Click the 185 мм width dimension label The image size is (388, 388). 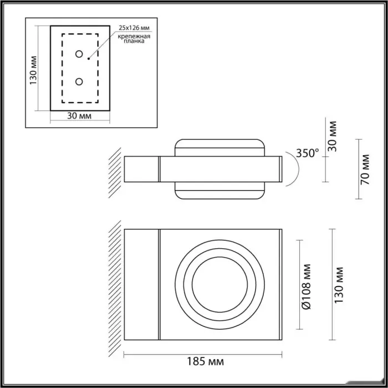click(x=205, y=361)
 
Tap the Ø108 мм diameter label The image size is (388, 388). click(x=307, y=287)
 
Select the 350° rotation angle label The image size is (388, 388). click(x=308, y=154)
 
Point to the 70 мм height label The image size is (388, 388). click(x=365, y=169)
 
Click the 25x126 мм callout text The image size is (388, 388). click(x=134, y=28)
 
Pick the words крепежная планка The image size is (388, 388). click(x=134, y=39)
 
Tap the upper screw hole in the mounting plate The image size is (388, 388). click(x=79, y=54)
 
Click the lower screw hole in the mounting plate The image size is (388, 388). click(x=79, y=81)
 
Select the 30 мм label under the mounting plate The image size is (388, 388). click(x=79, y=115)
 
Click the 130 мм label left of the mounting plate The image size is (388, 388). click(x=33, y=70)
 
